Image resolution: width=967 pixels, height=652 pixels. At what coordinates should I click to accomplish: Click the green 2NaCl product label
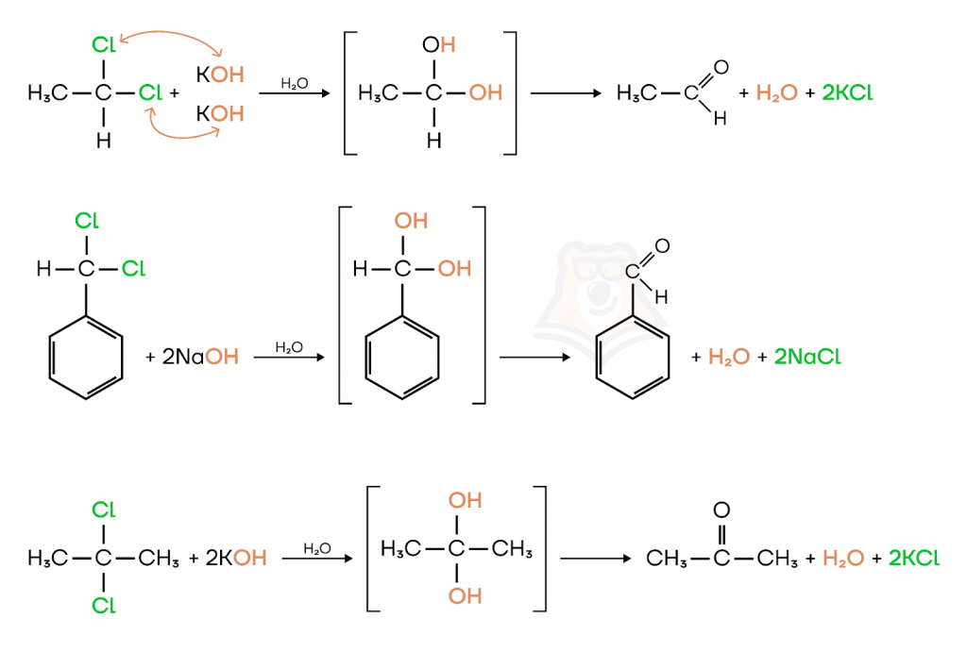point(806,358)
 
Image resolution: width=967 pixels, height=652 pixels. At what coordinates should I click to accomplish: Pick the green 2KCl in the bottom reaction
point(907,558)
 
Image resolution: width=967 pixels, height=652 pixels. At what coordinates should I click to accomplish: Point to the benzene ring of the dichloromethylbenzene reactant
point(86,364)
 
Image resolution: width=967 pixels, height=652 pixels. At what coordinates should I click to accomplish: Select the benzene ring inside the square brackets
point(402,364)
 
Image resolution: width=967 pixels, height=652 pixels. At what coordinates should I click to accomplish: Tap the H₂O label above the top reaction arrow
point(295,83)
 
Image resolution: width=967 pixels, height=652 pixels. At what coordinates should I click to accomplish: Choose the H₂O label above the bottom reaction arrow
point(316,548)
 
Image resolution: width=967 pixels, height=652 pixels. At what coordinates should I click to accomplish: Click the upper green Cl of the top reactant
point(103,43)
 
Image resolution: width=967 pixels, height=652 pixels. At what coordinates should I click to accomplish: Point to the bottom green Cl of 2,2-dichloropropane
point(103,606)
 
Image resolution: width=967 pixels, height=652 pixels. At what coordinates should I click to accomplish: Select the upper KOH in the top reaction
point(220,73)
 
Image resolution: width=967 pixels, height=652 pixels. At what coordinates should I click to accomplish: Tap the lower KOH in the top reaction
point(220,114)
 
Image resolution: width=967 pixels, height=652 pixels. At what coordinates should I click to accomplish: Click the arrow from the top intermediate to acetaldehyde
point(566,93)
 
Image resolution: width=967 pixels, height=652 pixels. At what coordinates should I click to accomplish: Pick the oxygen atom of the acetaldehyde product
point(721,67)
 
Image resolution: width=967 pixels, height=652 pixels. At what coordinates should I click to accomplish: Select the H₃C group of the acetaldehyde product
point(636,93)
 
